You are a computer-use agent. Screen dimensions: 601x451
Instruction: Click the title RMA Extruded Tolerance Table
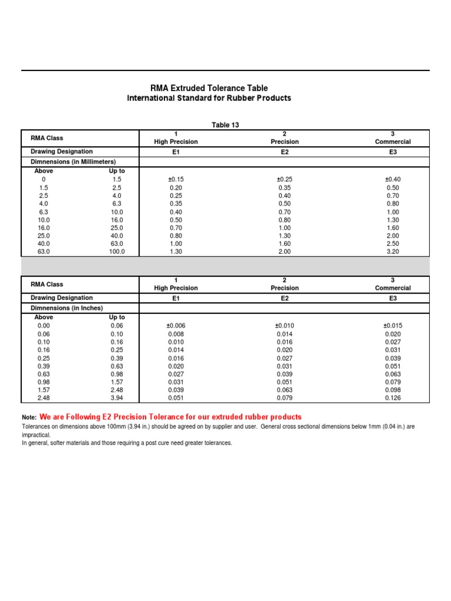pos(209,88)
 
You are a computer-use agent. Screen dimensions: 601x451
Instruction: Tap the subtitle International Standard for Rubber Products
pos(209,98)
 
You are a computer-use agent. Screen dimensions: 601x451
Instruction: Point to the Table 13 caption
pos(225,125)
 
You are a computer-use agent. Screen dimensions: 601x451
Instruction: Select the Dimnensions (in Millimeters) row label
pos(73,161)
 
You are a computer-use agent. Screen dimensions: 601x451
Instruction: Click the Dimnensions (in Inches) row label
pos(67,308)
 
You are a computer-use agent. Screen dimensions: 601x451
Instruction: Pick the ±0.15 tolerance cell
pos(176,179)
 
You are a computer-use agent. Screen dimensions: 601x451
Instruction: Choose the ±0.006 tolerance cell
pos(176,326)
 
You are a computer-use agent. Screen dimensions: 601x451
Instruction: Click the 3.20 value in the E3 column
pos(393,252)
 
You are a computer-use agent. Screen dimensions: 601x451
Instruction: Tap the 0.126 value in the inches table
pos(393,398)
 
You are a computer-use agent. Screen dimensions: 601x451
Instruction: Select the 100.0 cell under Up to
pos(117,252)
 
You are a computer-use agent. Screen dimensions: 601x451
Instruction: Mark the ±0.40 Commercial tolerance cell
pos(393,179)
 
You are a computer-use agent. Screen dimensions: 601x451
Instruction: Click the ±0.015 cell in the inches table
pos(393,326)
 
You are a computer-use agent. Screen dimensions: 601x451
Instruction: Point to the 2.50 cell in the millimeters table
pos(393,244)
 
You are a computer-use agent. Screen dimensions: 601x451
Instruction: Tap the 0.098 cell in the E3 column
pos(393,390)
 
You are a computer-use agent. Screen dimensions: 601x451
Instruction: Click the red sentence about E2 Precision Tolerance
pos(170,417)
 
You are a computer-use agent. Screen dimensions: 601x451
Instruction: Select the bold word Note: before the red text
pos(29,417)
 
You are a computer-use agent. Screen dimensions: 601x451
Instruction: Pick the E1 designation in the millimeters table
pos(176,151)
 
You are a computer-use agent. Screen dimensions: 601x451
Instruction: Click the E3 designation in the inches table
pos(393,298)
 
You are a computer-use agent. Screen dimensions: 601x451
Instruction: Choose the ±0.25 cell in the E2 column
pos(284,179)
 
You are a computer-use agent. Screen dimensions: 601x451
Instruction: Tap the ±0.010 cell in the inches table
pos(284,326)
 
